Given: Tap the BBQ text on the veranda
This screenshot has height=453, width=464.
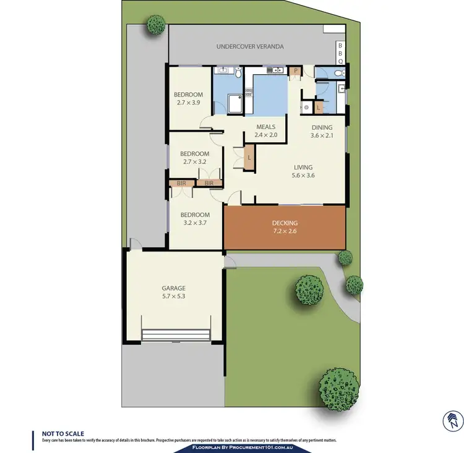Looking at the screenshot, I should pyautogui.click(x=340, y=53).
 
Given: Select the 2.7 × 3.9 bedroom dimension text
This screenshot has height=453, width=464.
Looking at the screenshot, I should pyautogui.click(x=187, y=103).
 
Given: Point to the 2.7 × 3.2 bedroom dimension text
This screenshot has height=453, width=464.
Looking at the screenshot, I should pyautogui.click(x=194, y=162).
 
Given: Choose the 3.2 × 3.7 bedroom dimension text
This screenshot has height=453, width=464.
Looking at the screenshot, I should pyautogui.click(x=195, y=223).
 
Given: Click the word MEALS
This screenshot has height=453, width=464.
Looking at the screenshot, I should pyautogui.click(x=266, y=127).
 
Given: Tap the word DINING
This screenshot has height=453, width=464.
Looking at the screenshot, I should pyautogui.click(x=321, y=128).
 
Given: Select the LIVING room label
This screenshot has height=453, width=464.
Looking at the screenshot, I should pyautogui.click(x=303, y=167).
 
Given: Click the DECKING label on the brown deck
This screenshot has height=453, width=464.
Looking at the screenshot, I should pyautogui.click(x=285, y=223).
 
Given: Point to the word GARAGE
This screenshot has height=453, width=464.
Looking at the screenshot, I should pyautogui.click(x=174, y=288).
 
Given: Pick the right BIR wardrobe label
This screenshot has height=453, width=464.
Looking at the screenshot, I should pyautogui.click(x=209, y=184).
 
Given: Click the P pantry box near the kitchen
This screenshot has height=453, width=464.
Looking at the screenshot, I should pyautogui.click(x=296, y=71).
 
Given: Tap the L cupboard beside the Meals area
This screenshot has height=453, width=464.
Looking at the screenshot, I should pyautogui.click(x=249, y=158).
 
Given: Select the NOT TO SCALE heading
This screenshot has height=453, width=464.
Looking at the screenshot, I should pyautogui.click(x=62, y=434).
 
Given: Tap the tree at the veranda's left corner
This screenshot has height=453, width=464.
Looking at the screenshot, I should pyautogui.click(x=156, y=25).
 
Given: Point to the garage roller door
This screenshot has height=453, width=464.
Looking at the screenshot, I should pyautogui.click(x=177, y=335).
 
